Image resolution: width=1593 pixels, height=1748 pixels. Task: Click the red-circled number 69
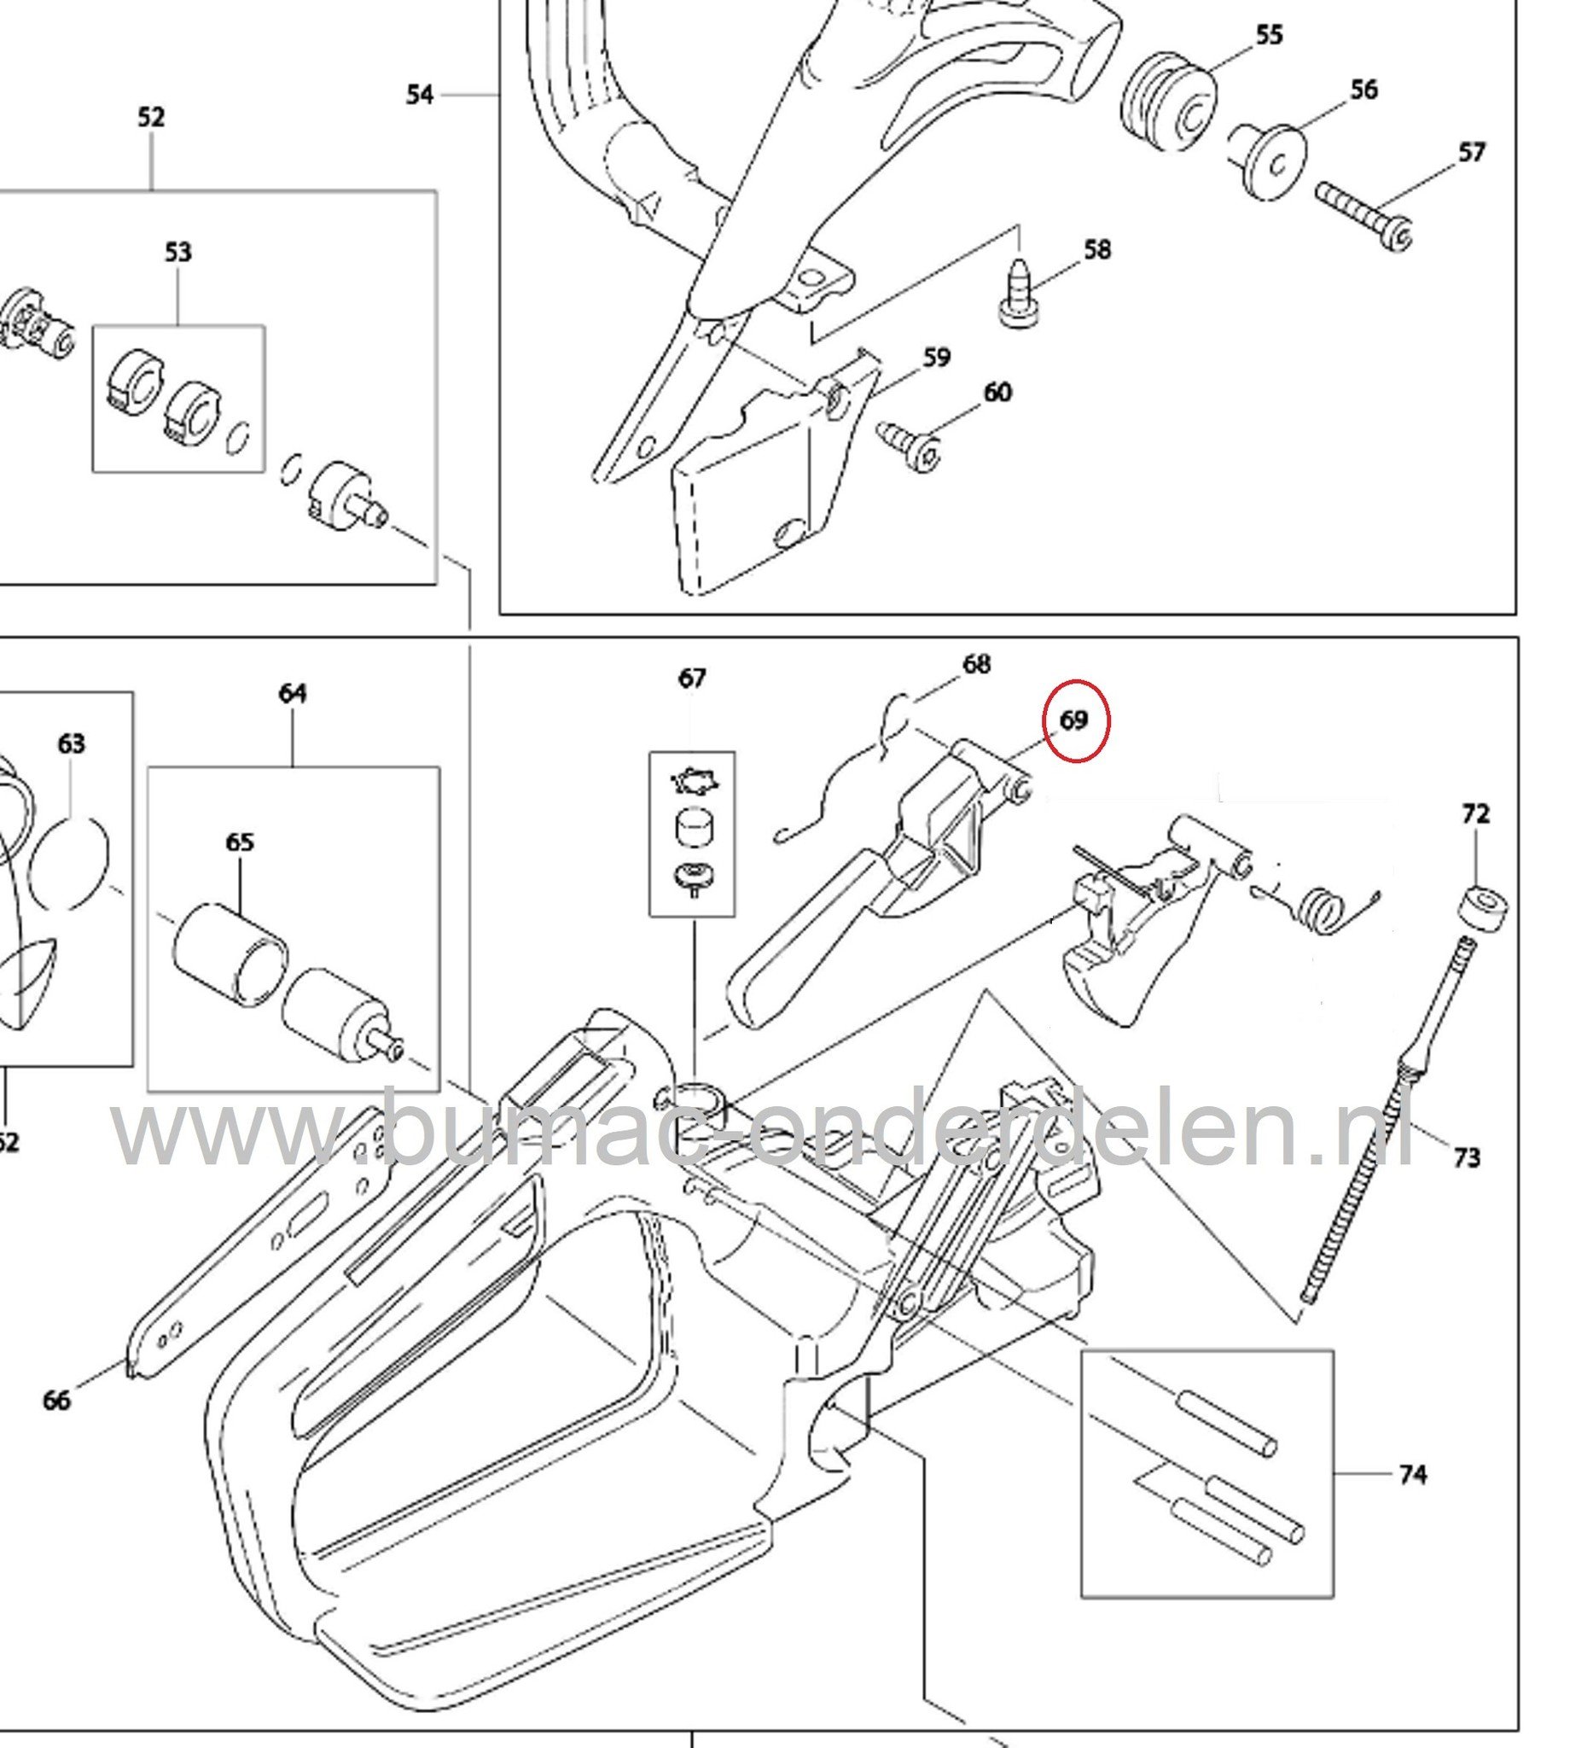[x=1073, y=720]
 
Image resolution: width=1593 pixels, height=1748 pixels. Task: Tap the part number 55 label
[x=1269, y=36]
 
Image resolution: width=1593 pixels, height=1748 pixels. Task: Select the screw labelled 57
[x=1363, y=213]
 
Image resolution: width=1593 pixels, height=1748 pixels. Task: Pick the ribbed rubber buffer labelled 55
[x=1168, y=102]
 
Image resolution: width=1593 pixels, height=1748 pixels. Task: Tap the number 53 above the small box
[x=177, y=253]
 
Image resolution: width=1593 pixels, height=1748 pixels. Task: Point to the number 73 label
[x=1467, y=1157]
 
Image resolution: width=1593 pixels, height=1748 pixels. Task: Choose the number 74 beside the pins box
[x=1412, y=1474]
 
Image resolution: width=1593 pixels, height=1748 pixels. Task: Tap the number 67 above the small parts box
[x=692, y=678]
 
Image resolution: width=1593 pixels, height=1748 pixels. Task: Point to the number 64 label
[x=292, y=694]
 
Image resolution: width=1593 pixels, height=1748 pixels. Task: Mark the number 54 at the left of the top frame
[x=420, y=95]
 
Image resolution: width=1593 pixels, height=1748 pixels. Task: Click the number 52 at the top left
[x=151, y=117]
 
